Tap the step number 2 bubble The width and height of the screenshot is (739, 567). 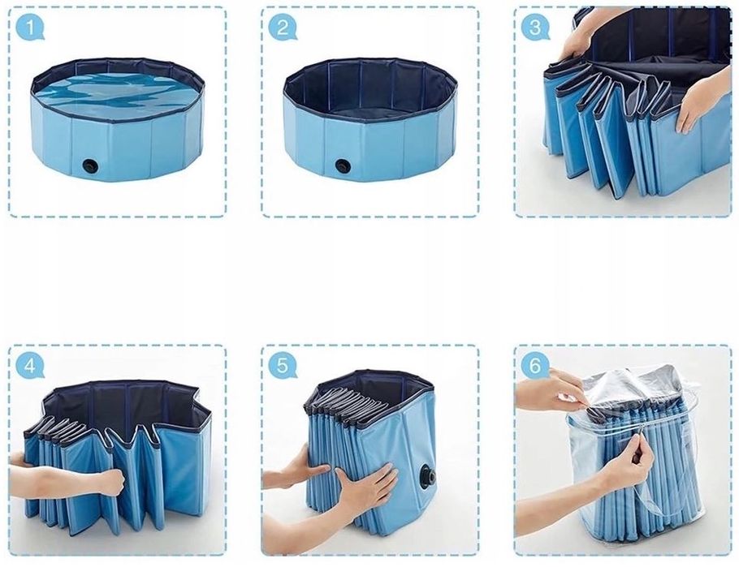(283, 28)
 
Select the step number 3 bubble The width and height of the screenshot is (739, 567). (535, 27)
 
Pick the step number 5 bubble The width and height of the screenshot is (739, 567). (283, 366)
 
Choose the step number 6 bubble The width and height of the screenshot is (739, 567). (535, 366)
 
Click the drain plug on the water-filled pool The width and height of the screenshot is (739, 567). (89, 165)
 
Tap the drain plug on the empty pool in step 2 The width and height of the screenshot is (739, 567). (341, 165)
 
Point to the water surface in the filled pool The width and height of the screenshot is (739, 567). (117, 95)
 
